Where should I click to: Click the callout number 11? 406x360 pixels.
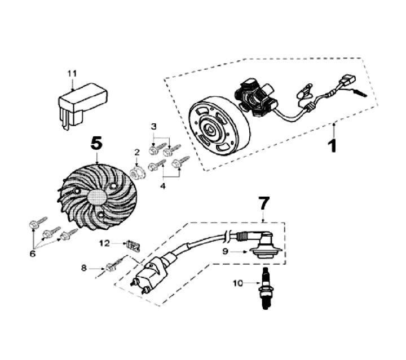pyautogui.click(x=72, y=74)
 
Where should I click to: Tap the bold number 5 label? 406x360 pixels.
pyautogui.click(x=97, y=144)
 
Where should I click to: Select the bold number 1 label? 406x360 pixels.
pyautogui.click(x=333, y=145)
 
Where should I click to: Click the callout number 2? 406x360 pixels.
pyautogui.click(x=136, y=152)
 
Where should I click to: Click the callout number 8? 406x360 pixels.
pyautogui.click(x=84, y=268)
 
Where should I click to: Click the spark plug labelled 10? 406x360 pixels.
pyautogui.click(x=263, y=289)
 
